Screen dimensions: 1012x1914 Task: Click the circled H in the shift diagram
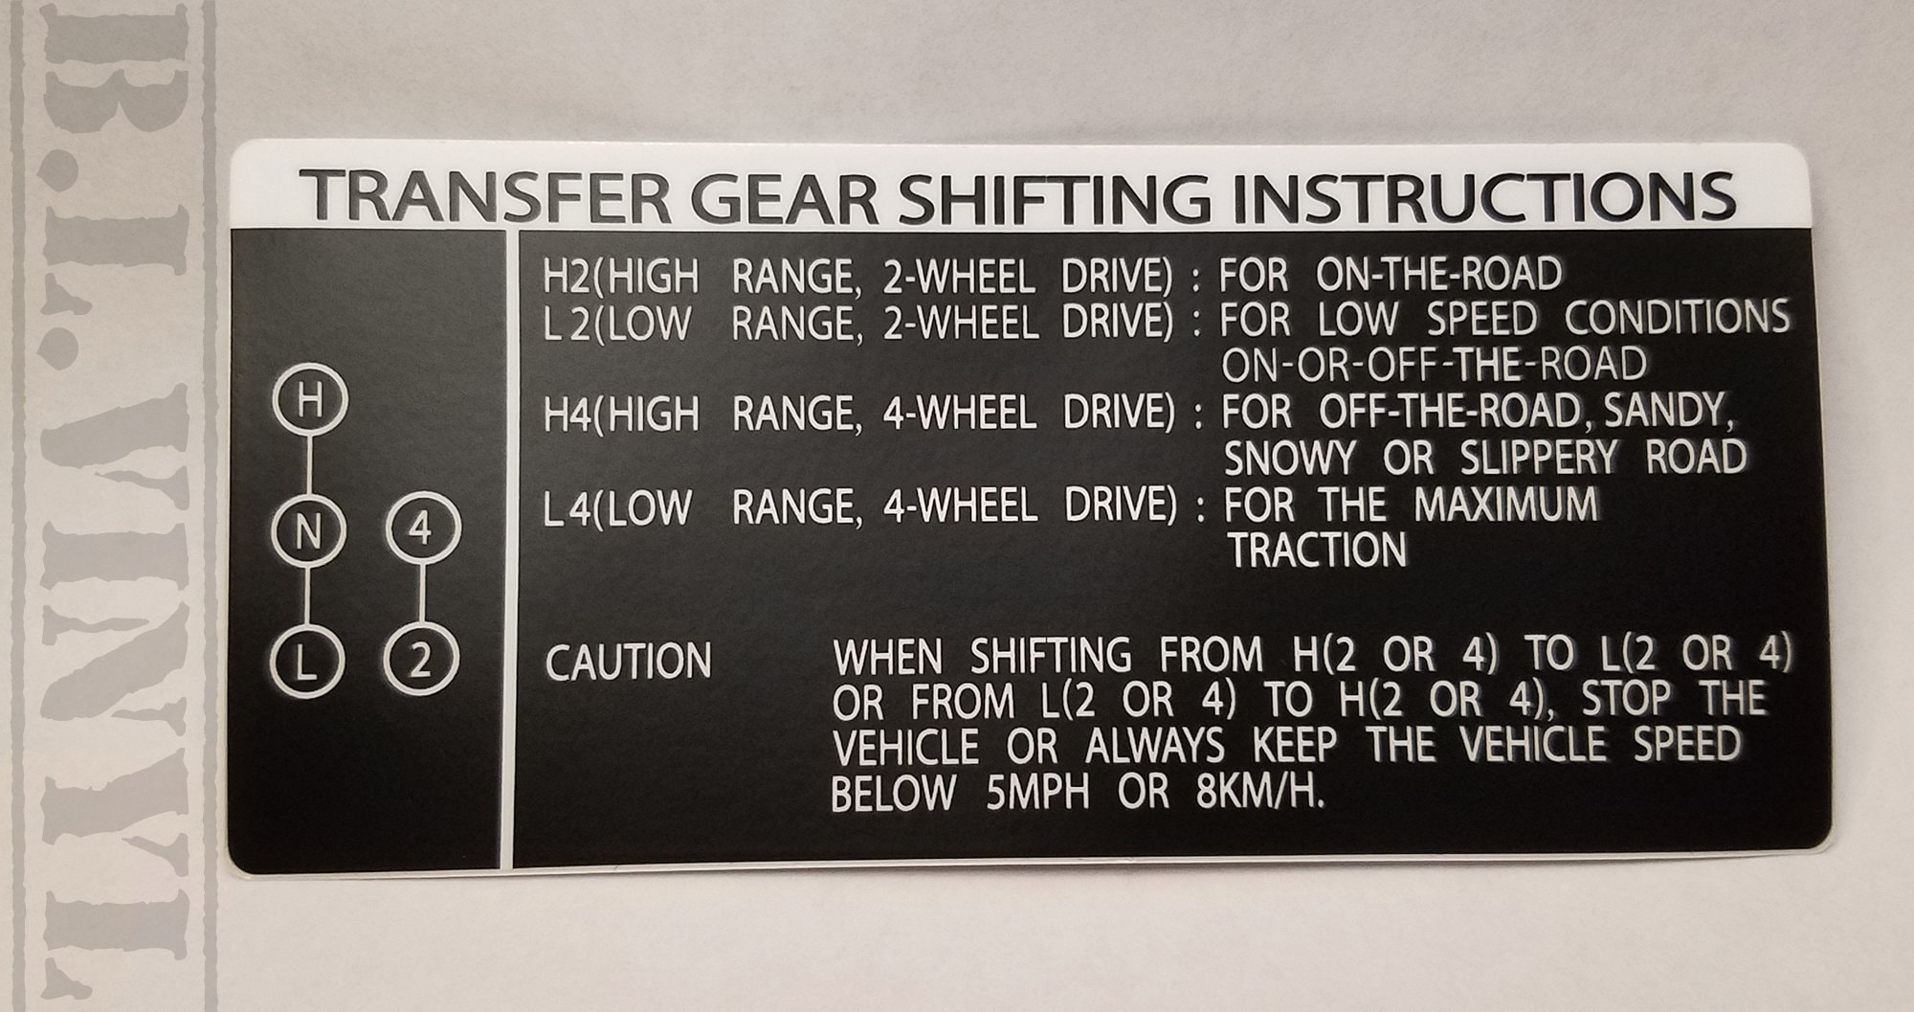309,401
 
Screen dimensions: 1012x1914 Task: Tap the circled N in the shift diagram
307,530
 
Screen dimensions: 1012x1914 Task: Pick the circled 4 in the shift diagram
422,528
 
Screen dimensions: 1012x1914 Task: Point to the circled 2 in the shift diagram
421,661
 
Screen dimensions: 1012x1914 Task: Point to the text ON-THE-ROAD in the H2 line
1438,276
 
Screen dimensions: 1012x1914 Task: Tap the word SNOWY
1290,459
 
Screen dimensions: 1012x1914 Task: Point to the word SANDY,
1669,412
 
